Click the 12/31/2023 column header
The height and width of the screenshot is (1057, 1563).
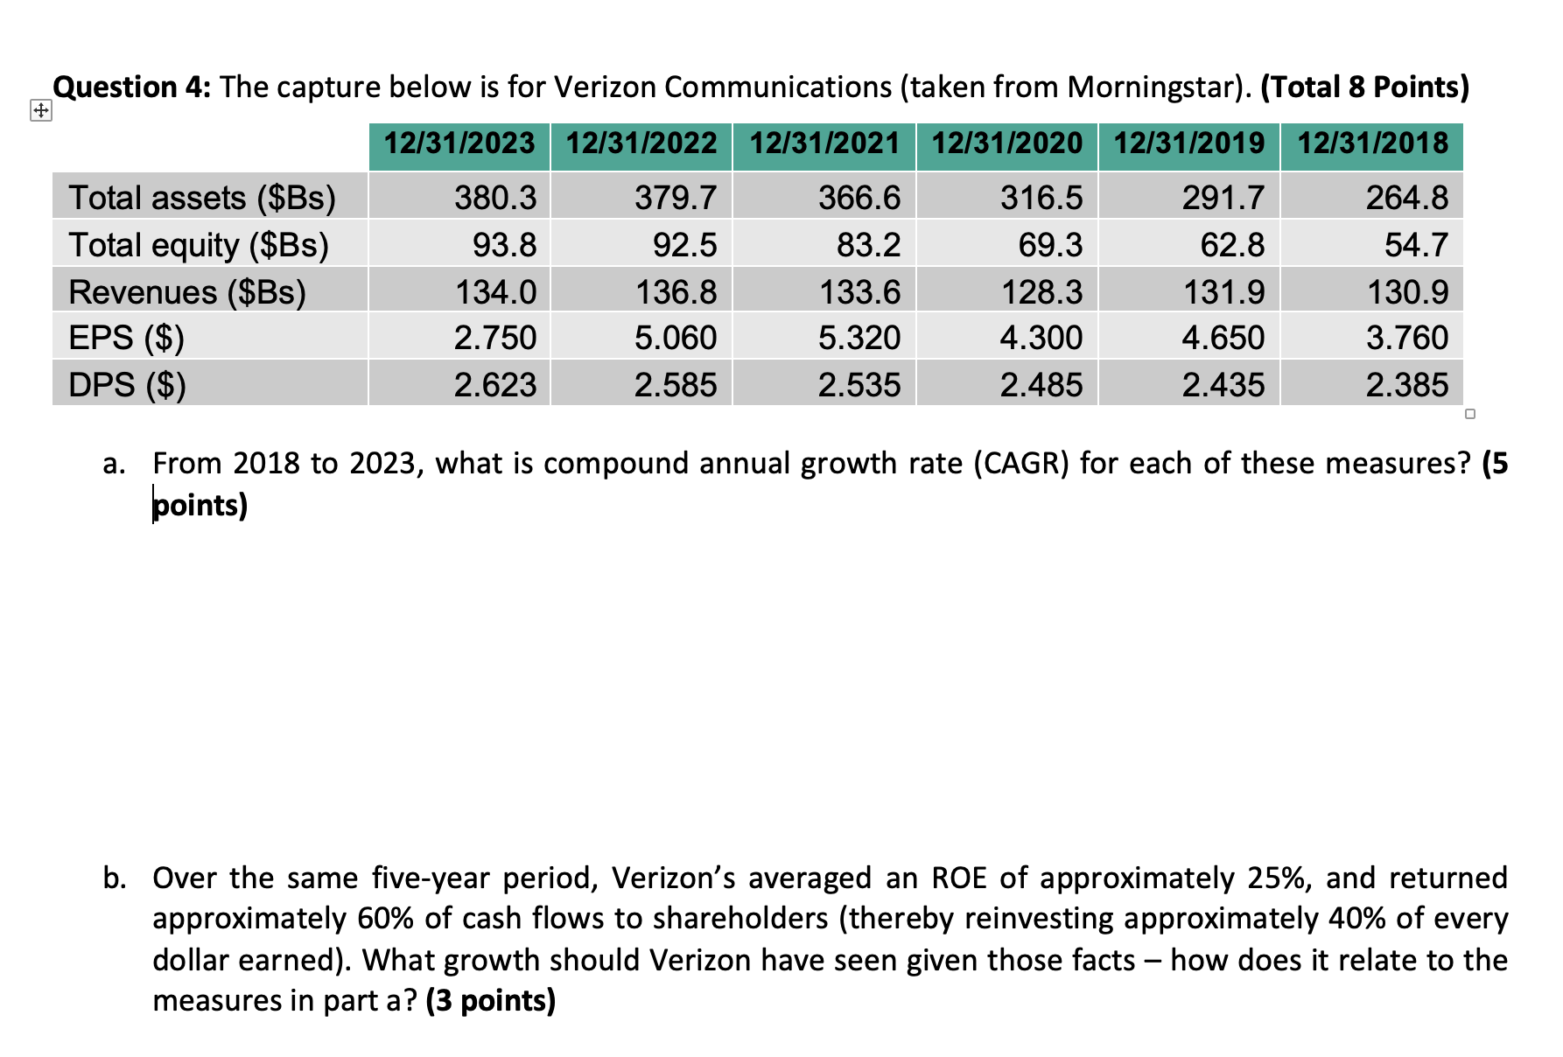[x=459, y=143]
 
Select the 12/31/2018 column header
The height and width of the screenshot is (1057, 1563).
[x=1372, y=143]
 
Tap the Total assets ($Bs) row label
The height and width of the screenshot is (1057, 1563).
[x=202, y=198]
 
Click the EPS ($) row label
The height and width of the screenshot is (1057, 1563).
[x=126, y=338]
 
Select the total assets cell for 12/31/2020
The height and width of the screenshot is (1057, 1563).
[x=1041, y=198]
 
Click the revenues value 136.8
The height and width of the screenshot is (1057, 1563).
[x=676, y=291]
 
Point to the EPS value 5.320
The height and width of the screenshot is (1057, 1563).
[x=859, y=338]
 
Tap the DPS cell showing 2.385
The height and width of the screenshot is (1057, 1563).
[x=1406, y=385]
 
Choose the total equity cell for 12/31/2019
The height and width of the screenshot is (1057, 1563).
[x=1231, y=245]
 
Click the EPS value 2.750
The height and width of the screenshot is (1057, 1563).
[x=494, y=338]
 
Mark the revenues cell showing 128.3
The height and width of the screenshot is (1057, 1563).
[x=1041, y=291]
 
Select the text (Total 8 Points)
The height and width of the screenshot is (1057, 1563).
[x=1364, y=87]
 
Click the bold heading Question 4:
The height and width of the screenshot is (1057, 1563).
[x=131, y=87]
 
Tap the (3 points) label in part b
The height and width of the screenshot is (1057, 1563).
[x=490, y=1000]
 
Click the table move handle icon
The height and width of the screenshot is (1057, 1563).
[x=40, y=111]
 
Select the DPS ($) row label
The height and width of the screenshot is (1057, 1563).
[x=127, y=385]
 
